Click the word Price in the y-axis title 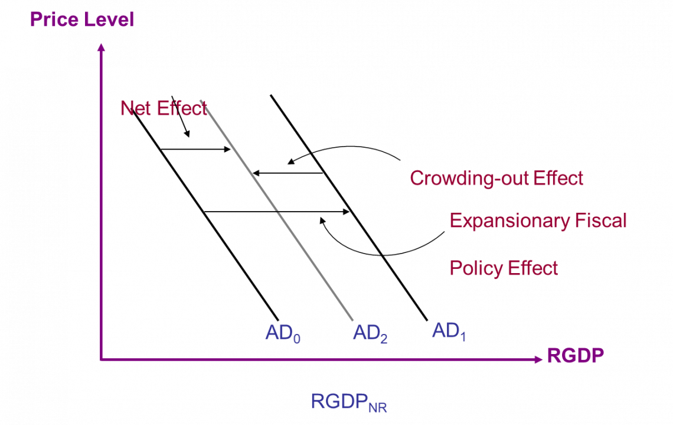click(x=54, y=20)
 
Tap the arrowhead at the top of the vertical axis click(x=101, y=47)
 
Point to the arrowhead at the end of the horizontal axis click(x=537, y=359)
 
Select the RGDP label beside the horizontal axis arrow click(x=576, y=356)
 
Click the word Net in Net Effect click(x=136, y=108)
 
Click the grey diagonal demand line click(x=277, y=210)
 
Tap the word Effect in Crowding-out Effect click(x=558, y=178)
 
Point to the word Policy click(x=475, y=268)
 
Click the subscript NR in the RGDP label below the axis click(x=377, y=407)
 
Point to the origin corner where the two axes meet click(x=101, y=359)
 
